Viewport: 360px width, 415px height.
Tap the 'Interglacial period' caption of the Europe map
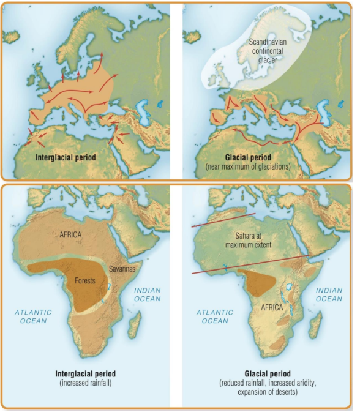[x=67, y=157]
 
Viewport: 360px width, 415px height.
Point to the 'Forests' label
[x=85, y=280]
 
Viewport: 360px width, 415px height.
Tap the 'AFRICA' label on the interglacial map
[x=71, y=234]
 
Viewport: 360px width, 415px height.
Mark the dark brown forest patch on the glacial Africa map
[x=258, y=280]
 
